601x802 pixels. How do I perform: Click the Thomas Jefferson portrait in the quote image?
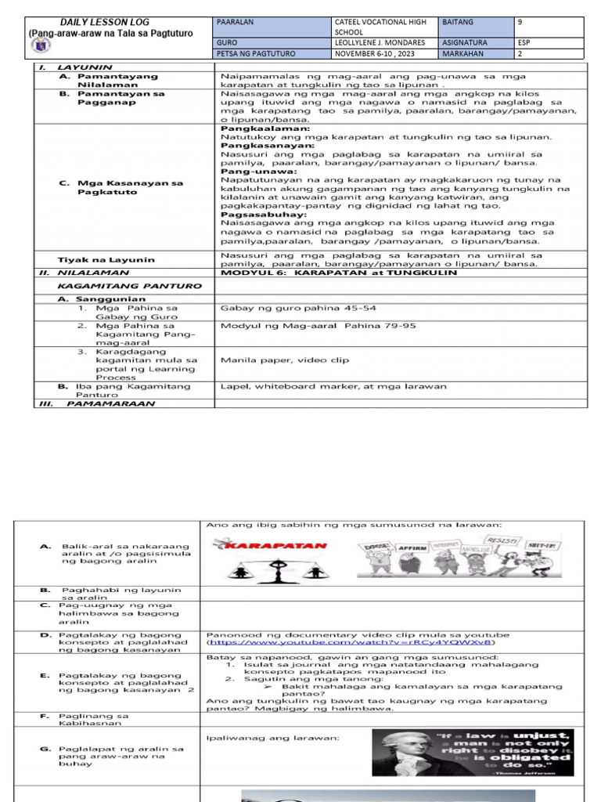point(402,756)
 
